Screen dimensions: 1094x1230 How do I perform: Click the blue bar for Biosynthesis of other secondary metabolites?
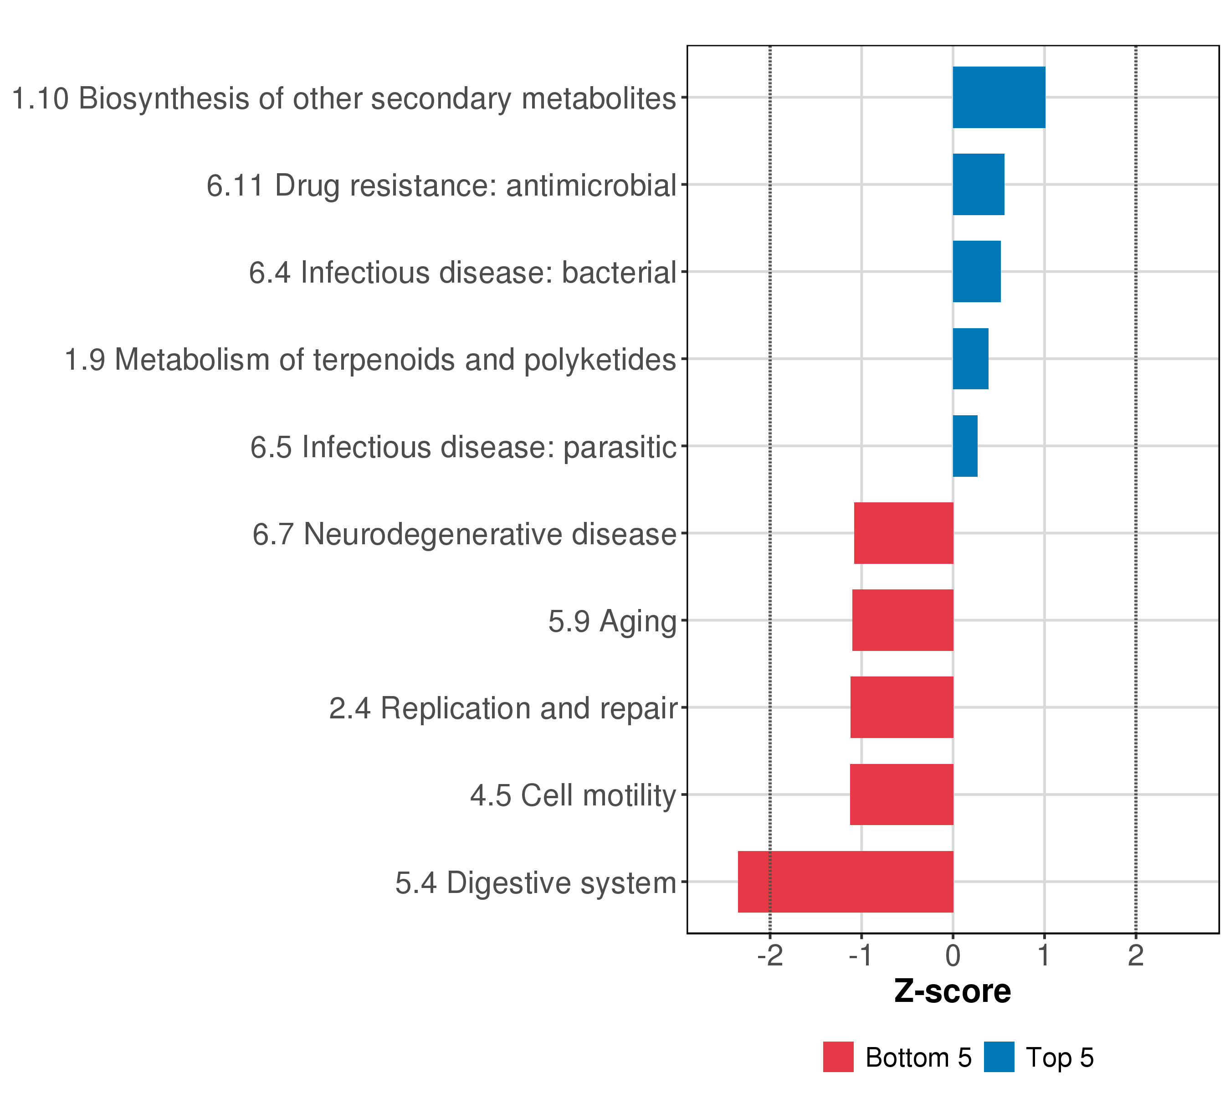999,98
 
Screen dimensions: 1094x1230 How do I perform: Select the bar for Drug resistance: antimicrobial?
979,184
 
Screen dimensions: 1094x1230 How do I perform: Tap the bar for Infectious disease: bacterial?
977,272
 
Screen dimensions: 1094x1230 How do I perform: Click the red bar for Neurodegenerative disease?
903,533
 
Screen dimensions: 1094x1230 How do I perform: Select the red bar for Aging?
902,620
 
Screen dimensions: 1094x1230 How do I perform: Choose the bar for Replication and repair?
902,707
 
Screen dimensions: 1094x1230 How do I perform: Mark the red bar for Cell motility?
902,795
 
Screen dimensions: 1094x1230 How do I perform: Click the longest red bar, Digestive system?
846,882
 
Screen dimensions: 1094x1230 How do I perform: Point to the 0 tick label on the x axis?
953,956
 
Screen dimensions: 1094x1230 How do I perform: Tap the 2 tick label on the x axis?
1136,956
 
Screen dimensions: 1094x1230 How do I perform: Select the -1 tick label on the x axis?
861,956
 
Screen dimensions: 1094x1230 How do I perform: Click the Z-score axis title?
953,991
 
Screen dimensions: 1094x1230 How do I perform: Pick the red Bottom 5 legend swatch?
838,1057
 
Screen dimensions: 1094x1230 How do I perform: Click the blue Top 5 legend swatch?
999,1057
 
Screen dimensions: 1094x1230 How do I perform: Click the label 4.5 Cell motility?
573,795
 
